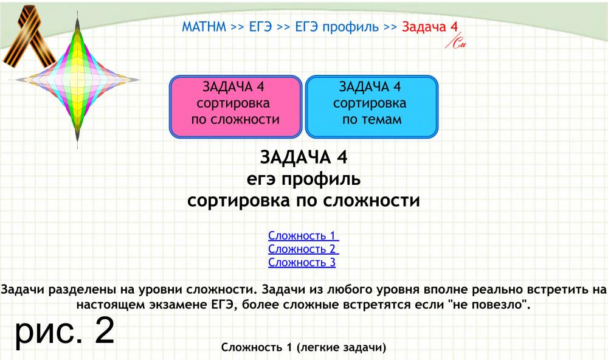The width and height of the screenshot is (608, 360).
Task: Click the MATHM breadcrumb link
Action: click(204, 27)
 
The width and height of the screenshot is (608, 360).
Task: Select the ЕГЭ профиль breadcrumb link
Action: click(337, 27)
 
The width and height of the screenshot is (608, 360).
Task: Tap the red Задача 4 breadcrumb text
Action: click(430, 27)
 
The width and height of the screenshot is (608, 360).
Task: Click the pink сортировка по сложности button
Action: click(235, 106)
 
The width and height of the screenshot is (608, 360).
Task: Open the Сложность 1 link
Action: click(303, 235)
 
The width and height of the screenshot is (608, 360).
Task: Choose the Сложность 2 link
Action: click(303, 249)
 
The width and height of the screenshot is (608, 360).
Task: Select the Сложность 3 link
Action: click(302, 262)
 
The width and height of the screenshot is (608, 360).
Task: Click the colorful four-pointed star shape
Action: click(78, 80)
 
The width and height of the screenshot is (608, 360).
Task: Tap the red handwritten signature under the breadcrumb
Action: click(455, 42)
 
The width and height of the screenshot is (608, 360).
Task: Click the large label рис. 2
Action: click(65, 331)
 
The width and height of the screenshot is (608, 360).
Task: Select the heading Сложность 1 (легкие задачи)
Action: click(303, 347)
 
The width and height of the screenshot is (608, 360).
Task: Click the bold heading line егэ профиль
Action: click(303, 179)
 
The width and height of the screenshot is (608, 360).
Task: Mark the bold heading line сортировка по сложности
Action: click(303, 201)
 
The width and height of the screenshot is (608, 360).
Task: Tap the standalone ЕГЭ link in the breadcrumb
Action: click(260, 27)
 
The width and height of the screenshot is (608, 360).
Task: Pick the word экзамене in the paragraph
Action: click(178, 305)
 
